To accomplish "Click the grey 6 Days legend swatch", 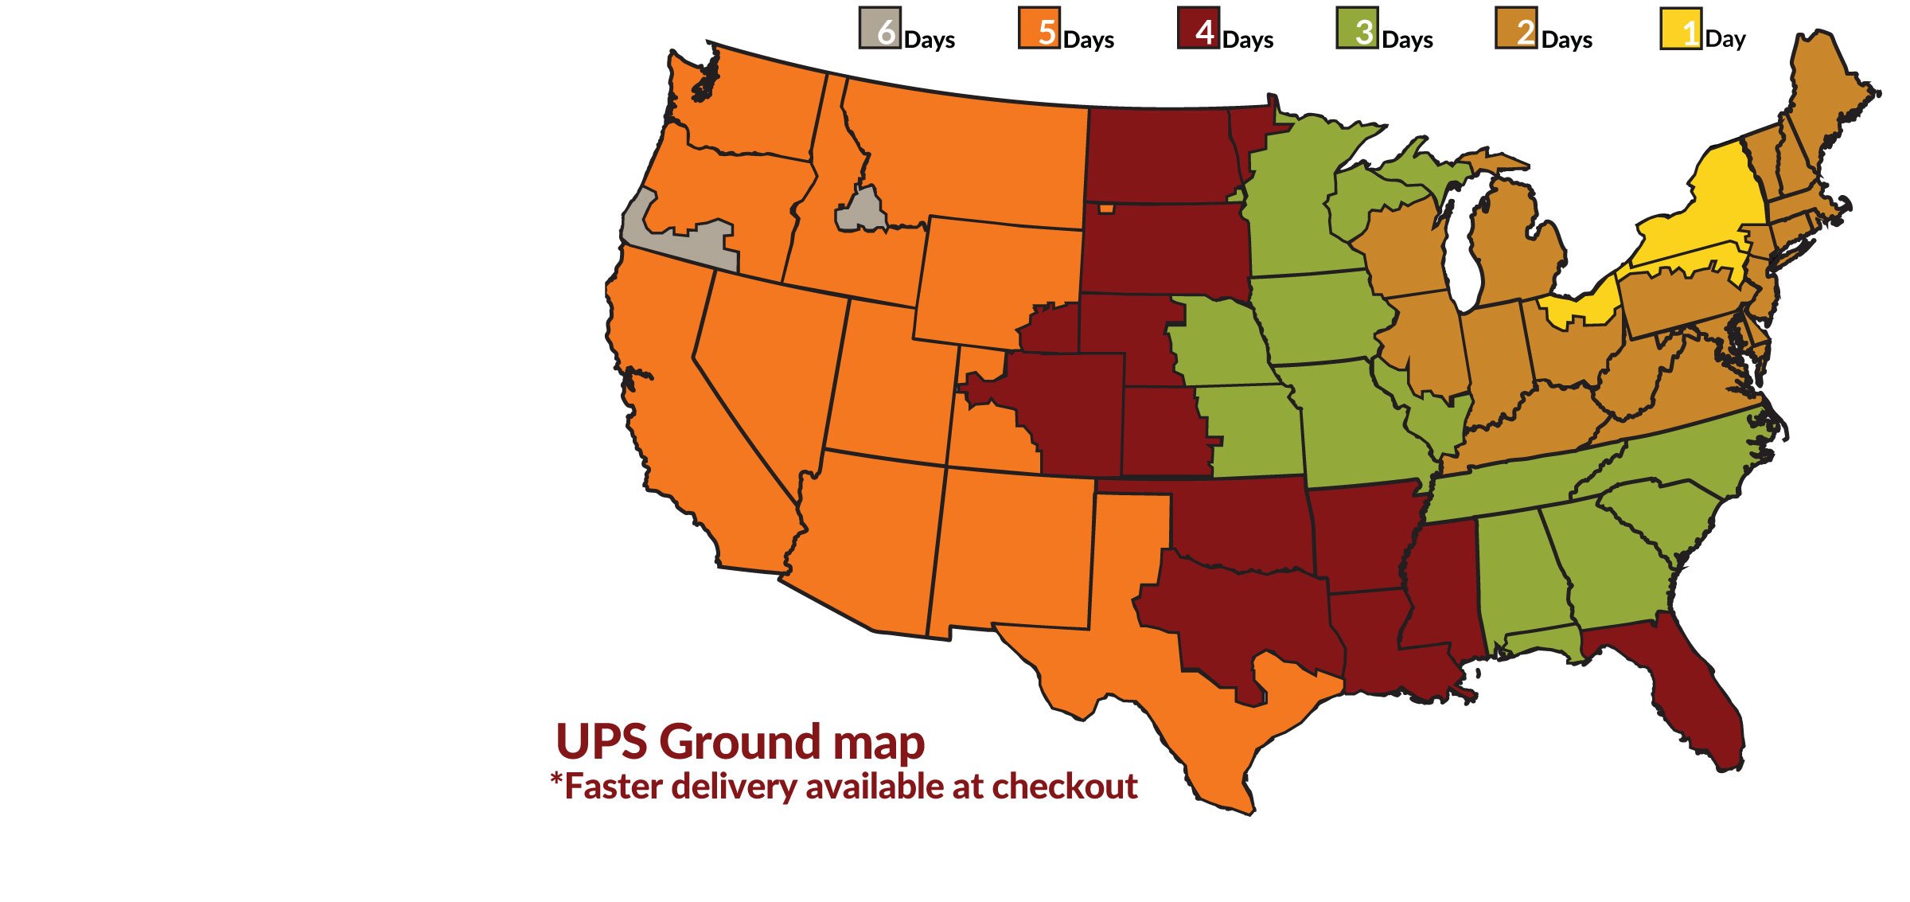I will [x=879, y=29].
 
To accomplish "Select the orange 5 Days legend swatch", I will [x=1039, y=29].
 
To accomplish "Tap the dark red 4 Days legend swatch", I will [x=1198, y=29].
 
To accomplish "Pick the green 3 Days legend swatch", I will [x=1357, y=29].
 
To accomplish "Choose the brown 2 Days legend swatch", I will [x=1516, y=29].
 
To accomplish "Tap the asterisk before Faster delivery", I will [x=555, y=780].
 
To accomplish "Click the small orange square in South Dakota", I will [x=1106, y=209].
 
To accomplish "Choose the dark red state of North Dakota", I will [x=1158, y=155].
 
